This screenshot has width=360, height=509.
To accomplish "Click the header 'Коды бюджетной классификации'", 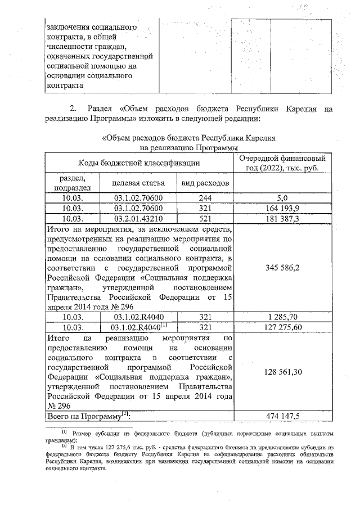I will click(139, 163).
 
